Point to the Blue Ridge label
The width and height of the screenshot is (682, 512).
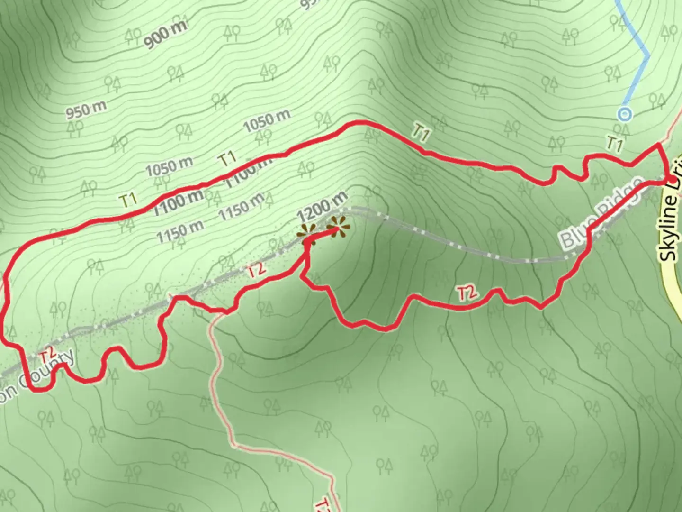601,214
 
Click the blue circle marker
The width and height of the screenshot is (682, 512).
625,114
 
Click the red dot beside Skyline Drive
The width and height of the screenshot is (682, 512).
673,179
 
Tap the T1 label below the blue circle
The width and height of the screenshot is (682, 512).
614,143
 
